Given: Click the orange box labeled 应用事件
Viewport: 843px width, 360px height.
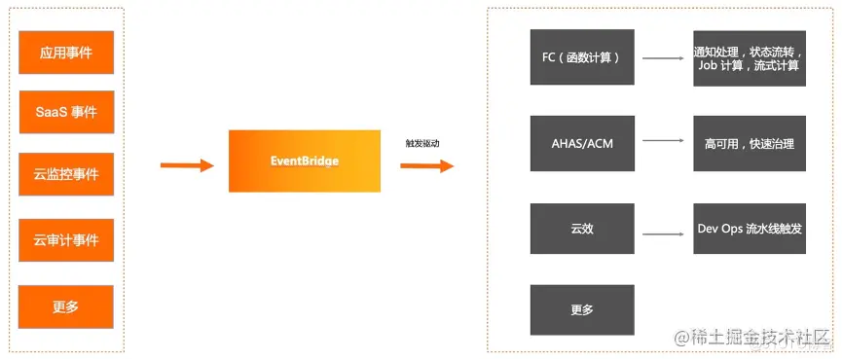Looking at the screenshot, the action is coord(66,53).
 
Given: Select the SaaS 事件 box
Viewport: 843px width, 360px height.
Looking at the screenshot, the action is coord(66,112).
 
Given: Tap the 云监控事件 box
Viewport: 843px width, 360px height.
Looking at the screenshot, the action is coord(66,175).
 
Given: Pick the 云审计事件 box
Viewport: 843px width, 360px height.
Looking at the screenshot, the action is coord(66,240).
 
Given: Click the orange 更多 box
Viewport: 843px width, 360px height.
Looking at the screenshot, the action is coord(66,306).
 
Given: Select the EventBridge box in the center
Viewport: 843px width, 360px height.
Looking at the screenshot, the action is coord(304,161).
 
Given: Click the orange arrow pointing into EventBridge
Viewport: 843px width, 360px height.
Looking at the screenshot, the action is coord(186,165).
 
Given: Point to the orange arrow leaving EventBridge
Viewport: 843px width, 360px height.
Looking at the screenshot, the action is coord(426,165).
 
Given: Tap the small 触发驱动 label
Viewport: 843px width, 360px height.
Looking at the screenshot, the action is coord(422,143).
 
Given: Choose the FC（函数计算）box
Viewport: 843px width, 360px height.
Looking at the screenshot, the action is coord(581,57).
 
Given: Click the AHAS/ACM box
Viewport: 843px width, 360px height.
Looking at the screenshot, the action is coord(581,144).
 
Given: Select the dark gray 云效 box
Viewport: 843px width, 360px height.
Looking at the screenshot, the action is coord(581,230).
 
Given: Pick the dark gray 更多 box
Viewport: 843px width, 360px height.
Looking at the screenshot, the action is coord(581,310).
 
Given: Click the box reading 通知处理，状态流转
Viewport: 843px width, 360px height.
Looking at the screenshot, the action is coord(749,57).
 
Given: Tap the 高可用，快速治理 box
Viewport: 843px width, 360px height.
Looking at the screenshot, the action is coord(749,144).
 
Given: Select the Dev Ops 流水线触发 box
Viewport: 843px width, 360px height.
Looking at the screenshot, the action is coord(749,230).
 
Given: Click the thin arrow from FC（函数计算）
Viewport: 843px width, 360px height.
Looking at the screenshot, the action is coord(663,57).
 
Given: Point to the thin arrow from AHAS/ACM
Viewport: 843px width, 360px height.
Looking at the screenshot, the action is coord(663,141).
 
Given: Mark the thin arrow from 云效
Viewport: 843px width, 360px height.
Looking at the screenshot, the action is coord(663,234).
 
